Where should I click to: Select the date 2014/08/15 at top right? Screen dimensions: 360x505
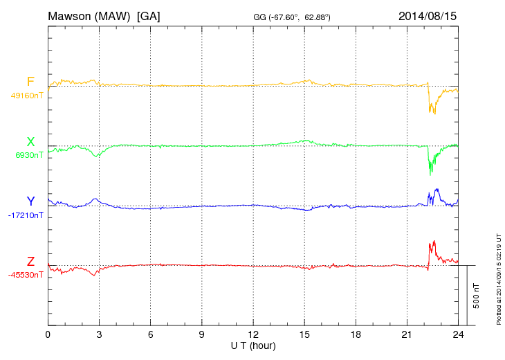pos(428,15)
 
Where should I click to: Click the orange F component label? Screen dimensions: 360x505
pos(30,82)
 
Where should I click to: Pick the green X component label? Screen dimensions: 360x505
pos(30,142)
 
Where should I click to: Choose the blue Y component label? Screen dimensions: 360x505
pos(30,201)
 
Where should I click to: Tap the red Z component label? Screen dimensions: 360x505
pos(30,262)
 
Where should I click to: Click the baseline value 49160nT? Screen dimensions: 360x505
pos(26,96)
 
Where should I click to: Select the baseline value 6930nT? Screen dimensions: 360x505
pos(29,155)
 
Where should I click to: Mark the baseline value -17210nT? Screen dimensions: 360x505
pos(26,215)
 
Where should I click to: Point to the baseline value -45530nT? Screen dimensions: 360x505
pos(26,275)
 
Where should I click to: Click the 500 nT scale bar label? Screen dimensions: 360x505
pos(476,296)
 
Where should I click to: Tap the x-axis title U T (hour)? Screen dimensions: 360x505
pos(253,345)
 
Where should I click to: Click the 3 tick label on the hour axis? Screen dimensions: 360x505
pos(99,334)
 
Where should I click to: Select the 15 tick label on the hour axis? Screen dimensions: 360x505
pos(304,334)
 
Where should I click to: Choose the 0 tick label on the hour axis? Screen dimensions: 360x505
pos(48,334)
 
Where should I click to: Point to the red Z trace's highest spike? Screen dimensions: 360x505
pos(434,241)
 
